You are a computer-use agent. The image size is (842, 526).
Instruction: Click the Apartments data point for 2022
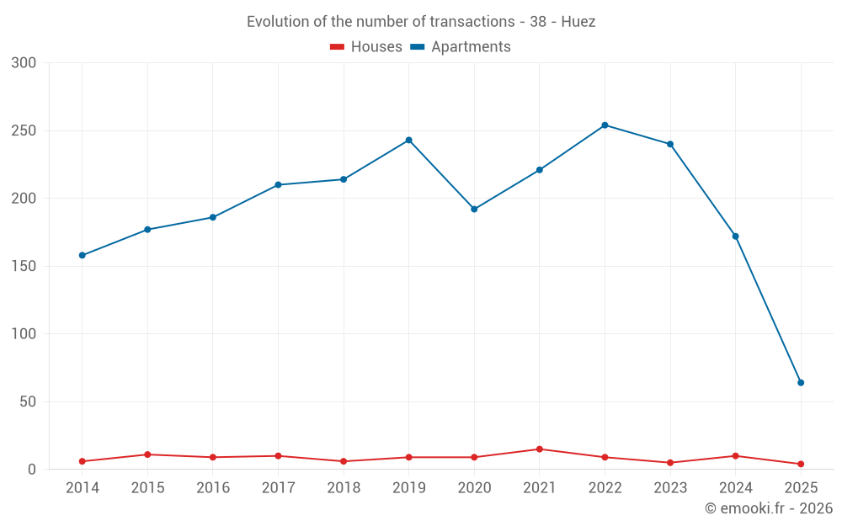[x=605, y=125]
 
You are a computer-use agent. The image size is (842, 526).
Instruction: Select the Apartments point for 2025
[x=801, y=383]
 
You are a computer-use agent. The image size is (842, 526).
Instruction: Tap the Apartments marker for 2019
[x=408, y=140]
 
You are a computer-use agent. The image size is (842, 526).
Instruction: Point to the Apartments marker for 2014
[x=82, y=255]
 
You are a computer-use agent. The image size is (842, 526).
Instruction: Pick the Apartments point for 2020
[x=474, y=209]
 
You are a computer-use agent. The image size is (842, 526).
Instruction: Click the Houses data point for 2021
[x=540, y=449]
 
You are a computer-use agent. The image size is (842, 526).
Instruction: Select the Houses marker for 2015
[x=147, y=454]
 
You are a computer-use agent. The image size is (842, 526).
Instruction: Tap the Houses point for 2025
[x=801, y=464]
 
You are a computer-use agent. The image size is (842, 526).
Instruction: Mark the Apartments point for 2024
[x=735, y=236]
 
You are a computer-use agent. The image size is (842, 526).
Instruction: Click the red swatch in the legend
[x=337, y=47]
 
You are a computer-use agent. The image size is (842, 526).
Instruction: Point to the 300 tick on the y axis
[x=24, y=63]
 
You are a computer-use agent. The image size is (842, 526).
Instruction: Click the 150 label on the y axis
[x=24, y=266]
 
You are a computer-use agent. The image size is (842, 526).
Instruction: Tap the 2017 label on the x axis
[x=278, y=488]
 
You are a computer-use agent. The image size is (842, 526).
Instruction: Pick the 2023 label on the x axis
[x=670, y=488]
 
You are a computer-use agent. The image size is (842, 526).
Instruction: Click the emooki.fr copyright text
[x=769, y=508]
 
